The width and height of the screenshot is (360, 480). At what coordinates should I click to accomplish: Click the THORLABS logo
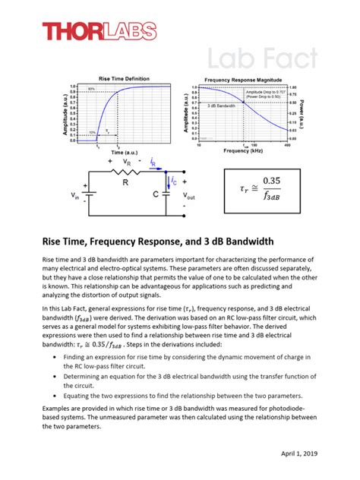(99, 31)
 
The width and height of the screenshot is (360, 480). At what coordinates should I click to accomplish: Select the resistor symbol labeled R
(126, 173)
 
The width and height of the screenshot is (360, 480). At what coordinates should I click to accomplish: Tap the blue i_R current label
(154, 162)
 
